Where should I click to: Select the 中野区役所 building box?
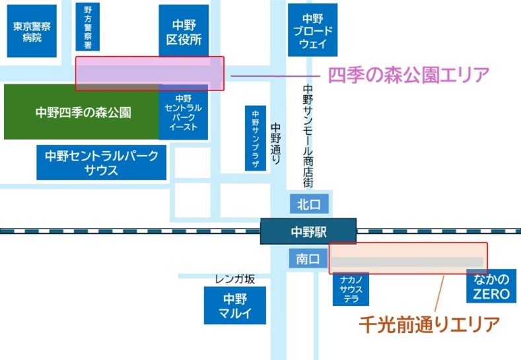(184, 30)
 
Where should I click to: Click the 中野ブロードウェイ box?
(312, 30)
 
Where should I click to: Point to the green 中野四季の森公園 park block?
(82, 112)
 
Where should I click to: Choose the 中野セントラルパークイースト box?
(184, 112)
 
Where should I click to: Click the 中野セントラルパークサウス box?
(102, 162)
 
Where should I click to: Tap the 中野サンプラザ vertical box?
(256, 139)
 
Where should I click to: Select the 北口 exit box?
(308, 203)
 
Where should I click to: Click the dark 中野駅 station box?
(308, 232)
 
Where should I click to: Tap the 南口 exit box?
(308, 259)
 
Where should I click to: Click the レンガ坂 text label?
(234, 279)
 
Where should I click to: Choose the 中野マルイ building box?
(234, 305)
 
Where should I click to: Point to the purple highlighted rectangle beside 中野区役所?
(149, 73)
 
